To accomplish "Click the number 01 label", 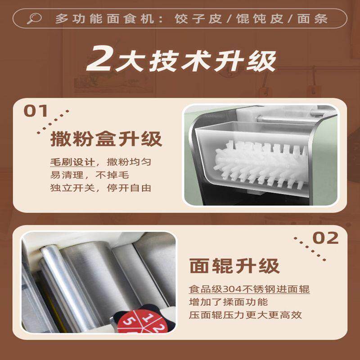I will [37, 111].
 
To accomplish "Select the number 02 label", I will [325, 238].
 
